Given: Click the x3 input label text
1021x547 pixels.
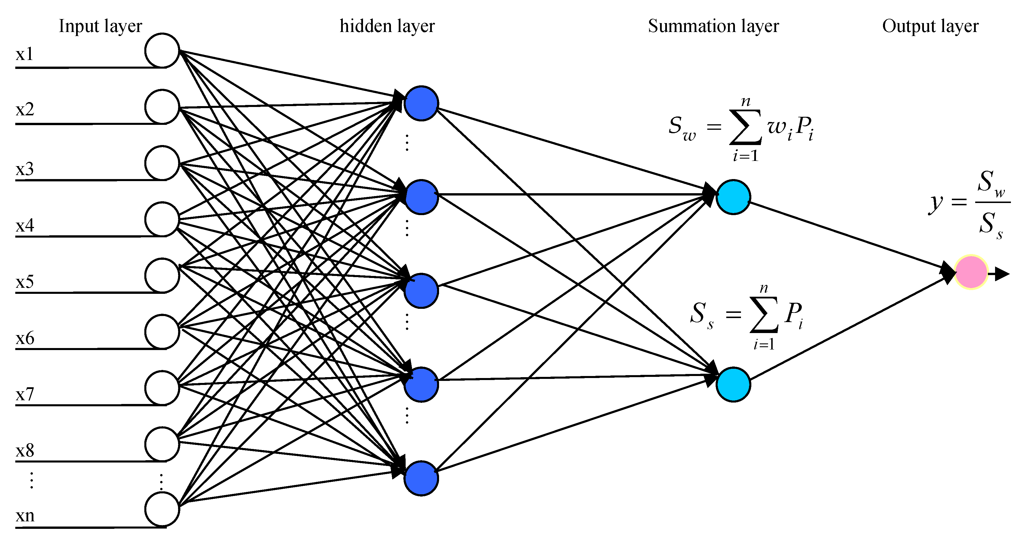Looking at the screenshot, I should tap(24, 169).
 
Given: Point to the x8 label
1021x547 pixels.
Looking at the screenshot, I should tap(24, 451).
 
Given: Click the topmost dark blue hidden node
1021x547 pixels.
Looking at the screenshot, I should tap(421, 103).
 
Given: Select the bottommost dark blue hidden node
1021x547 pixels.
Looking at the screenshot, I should tap(421, 478).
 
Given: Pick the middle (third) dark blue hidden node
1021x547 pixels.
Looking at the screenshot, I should tap(421, 291).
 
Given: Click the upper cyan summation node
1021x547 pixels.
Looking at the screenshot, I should tap(733, 197).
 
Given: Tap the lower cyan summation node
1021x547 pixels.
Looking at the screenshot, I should tap(733, 384).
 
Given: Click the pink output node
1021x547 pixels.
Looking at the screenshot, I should tap(971, 272).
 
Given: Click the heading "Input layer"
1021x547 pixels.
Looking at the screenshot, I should tap(100, 26).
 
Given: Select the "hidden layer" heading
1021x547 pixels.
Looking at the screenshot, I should tap(387, 26).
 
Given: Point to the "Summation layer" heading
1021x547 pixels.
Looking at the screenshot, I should tap(713, 26).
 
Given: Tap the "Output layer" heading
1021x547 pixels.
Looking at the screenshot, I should tap(930, 26).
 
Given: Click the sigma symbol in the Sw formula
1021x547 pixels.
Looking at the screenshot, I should tap(745, 127).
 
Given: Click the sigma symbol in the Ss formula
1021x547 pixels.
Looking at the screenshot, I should tap(764, 315).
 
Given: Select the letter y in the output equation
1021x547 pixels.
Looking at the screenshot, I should tap(935, 203).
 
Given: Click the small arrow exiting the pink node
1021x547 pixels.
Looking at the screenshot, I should tap(1000, 274).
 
